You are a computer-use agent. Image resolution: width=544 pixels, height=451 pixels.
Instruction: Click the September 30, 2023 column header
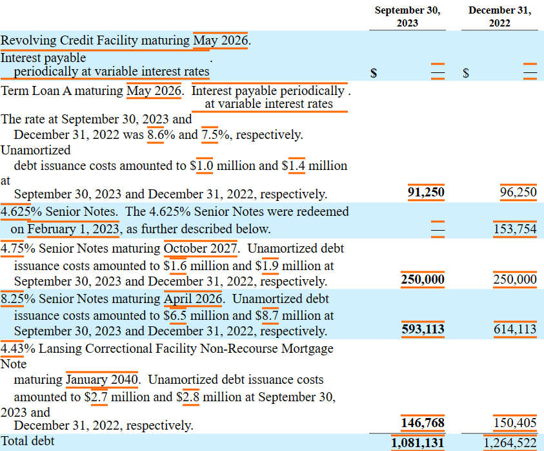(x=407, y=16)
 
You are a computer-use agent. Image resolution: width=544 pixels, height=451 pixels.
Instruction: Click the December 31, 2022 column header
(x=499, y=16)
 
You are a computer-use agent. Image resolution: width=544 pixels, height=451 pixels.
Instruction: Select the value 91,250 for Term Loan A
(x=426, y=192)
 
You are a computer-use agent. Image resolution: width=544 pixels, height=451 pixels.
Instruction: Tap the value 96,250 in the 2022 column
(x=518, y=192)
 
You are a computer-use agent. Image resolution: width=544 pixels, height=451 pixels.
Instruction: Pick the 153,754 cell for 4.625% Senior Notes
(x=515, y=229)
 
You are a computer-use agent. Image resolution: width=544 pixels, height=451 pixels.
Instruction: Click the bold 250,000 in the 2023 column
(x=423, y=279)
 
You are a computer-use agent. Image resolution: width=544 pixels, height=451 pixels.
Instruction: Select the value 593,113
(x=423, y=329)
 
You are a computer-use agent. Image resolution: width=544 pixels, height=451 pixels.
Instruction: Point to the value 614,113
(x=515, y=329)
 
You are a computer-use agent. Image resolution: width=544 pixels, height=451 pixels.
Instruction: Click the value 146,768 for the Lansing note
(x=423, y=423)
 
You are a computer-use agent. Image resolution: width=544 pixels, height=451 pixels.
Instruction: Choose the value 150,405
(x=515, y=423)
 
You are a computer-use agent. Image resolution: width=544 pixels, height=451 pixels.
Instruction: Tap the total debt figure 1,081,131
(x=418, y=443)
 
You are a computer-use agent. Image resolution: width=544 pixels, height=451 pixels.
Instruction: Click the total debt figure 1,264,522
(x=510, y=443)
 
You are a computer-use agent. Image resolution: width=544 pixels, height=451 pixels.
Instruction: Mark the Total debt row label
(x=27, y=441)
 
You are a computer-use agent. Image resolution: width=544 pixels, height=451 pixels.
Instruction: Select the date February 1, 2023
(x=73, y=229)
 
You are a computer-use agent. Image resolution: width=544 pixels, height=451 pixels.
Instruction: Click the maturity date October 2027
(x=201, y=248)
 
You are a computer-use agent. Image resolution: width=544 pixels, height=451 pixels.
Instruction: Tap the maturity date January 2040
(x=102, y=379)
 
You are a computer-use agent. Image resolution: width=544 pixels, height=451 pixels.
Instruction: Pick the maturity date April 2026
(x=193, y=299)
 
